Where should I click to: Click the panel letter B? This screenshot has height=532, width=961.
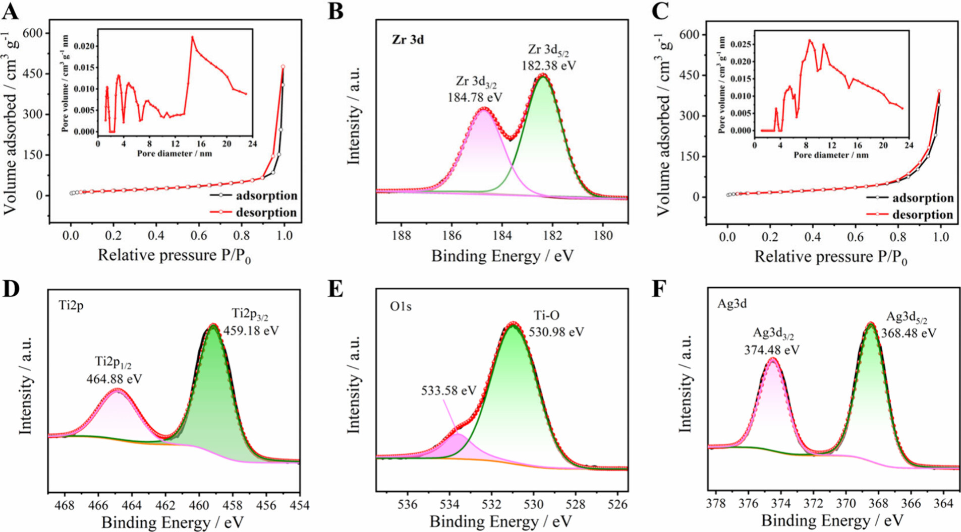point(335,11)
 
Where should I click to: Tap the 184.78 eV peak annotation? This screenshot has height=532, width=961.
point(475,96)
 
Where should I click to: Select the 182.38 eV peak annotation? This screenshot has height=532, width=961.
point(548,65)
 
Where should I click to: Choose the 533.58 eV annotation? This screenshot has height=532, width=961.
point(448,390)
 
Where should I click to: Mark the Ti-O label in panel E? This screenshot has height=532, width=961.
point(547,316)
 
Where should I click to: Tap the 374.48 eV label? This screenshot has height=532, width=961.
point(771,349)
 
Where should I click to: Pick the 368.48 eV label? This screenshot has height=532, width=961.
point(909,333)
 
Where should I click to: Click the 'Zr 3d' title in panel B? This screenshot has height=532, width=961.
point(408,39)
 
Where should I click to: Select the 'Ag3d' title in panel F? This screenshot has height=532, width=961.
point(732,304)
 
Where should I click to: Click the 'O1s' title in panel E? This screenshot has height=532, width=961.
point(401,306)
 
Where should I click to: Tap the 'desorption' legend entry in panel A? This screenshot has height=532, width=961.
point(266,213)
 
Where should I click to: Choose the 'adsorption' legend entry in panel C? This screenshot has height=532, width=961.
point(923,198)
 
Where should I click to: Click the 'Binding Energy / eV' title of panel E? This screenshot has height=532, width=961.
point(501,521)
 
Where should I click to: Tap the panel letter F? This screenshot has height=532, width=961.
point(659,290)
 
